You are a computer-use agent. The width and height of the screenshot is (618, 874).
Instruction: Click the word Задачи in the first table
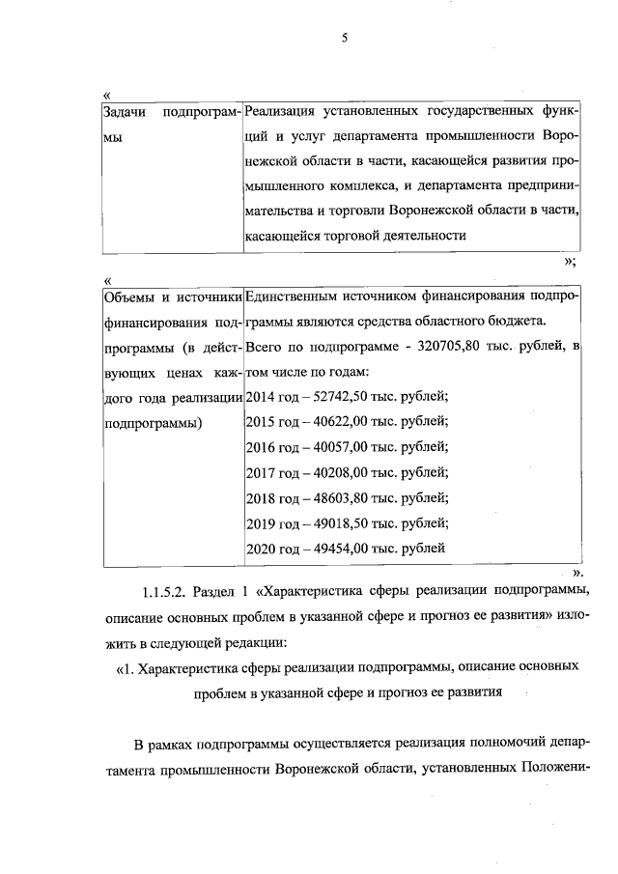tap(124, 113)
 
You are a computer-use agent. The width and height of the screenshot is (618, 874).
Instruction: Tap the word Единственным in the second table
tap(292, 295)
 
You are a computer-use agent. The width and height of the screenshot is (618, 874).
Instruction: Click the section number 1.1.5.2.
tap(161, 590)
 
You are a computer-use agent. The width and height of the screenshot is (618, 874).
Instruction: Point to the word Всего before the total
tap(267, 345)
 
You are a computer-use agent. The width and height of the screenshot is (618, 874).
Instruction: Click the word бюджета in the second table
tap(519, 320)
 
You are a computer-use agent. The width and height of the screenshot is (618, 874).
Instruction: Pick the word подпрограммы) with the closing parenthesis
tap(152, 421)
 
